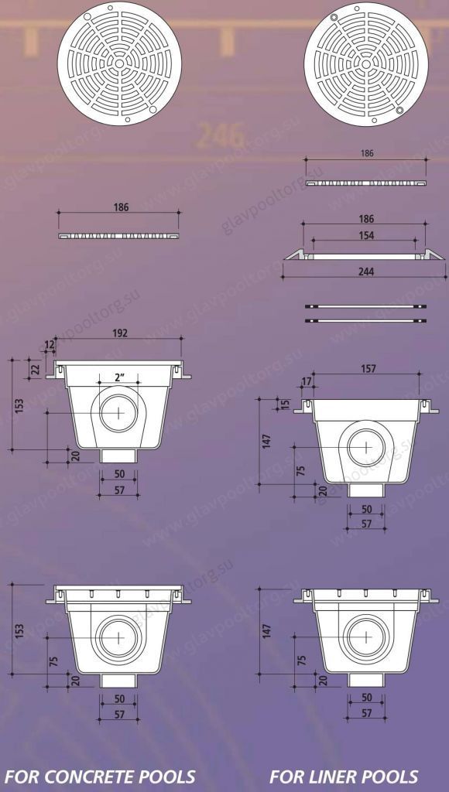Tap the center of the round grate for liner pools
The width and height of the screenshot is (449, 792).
[x=365, y=62]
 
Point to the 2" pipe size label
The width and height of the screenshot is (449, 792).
[x=119, y=377]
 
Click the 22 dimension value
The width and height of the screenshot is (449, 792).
[x=36, y=369]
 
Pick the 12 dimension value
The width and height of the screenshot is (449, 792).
[x=50, y=345]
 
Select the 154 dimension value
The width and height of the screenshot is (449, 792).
[x=365, y=236]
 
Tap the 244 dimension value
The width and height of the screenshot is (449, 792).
[x=365, y=272]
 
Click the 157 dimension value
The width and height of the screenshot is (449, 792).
[x=368, y=369]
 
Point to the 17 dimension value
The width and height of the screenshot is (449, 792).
[x=306, y=381]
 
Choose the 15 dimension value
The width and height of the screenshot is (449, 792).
[x=285, y=404]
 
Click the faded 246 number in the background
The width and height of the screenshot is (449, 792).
[x=221, y=136]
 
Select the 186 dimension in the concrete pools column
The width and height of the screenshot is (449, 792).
[x=121, y=207]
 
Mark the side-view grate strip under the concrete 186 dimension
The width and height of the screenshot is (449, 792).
[x=119, y=234]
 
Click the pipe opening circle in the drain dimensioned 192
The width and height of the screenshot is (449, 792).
[x=118, y=412]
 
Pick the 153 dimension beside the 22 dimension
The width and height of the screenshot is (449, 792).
[x=19, y=404]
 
